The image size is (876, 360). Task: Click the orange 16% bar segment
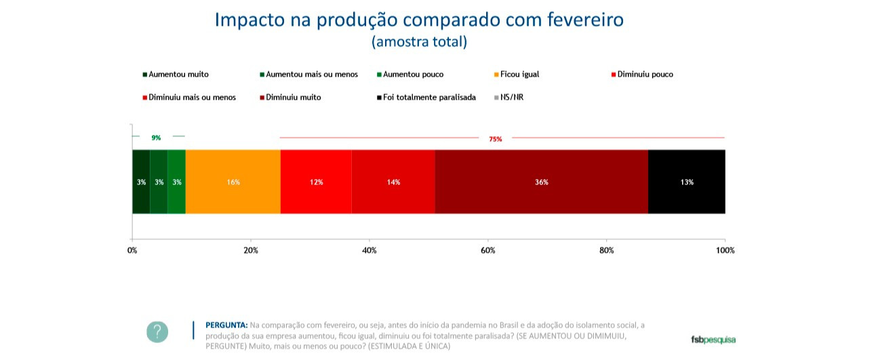pos(233,182)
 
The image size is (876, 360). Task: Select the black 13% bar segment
pos(686,182)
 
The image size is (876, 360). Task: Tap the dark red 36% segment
pos(541,182)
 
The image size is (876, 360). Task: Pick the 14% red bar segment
pos(393,182)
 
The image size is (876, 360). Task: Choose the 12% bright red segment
pos(316,182)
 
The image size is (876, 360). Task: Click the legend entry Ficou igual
pos(519,75)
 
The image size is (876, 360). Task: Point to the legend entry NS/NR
pos(511,98)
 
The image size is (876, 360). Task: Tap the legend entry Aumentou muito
pos(178,75)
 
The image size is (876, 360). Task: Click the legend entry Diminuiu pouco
pos(645,75)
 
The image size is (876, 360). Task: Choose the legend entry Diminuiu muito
pos(293,98)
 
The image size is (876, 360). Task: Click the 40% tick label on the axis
pos(370,250)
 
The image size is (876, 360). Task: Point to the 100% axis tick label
pos(725,250)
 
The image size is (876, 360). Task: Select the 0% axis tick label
pos(132,250)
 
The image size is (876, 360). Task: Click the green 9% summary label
pos(156,138)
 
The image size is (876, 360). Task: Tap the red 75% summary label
pos(496,139)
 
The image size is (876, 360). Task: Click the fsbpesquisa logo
pos(713,339)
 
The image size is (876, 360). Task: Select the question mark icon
pos(157,332)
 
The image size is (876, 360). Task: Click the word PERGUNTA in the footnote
pos(226,325)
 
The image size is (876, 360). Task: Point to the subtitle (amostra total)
pos(419,41)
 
